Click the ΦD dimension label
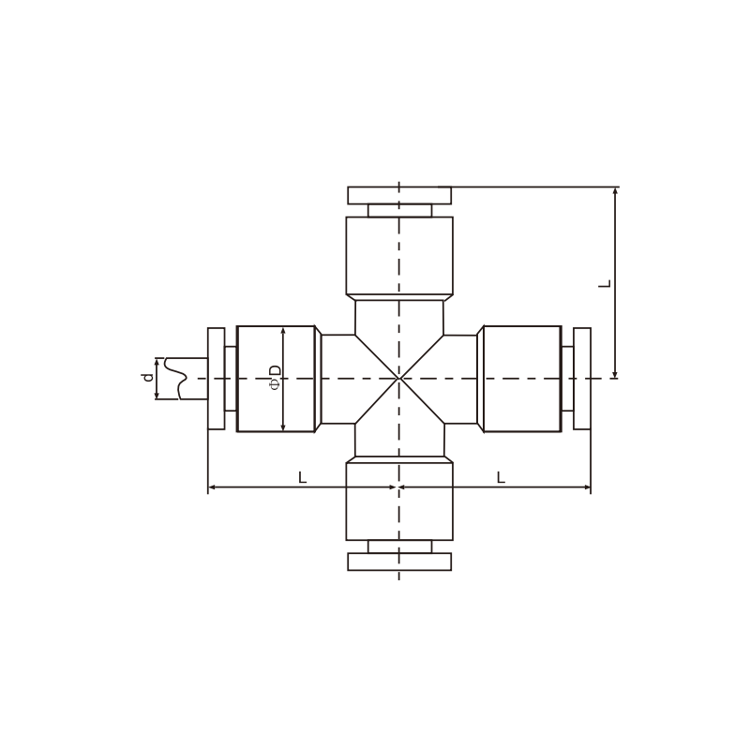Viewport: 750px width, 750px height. tap(275, 378)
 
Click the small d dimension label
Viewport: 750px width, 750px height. tap(148, 378)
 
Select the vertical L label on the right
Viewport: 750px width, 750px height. tap(605, 284)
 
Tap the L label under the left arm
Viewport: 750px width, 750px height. tap(302, 477)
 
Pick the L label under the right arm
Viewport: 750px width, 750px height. tap(501, 477)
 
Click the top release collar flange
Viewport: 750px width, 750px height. tap(399, 196)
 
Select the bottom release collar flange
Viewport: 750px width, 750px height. tap(399, 562)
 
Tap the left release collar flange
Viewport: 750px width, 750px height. tap(217, 379)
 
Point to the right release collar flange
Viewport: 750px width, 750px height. tap(582, 379)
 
